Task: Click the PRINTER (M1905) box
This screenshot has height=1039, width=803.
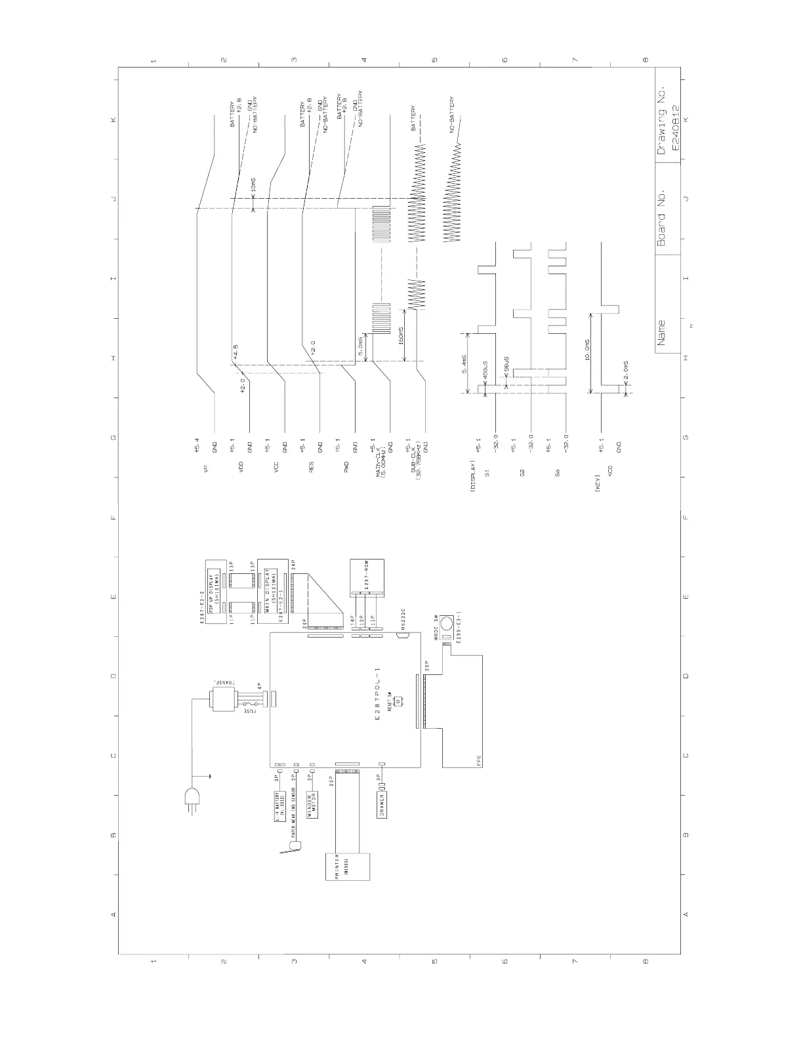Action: coord(348,874)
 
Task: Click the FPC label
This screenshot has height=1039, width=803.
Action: coord(479,762)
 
